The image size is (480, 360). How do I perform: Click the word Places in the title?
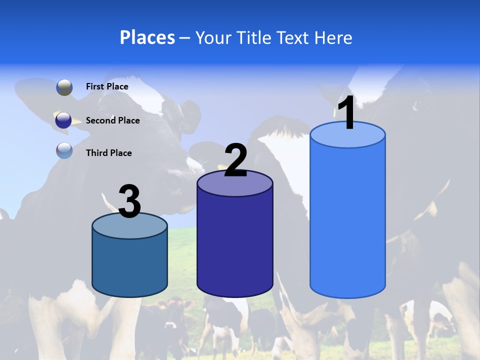(147, 38)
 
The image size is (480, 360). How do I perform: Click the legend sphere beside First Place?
(64, 87)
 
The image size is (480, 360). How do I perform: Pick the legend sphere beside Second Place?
(64, 120)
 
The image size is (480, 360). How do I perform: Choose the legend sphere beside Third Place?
(64, 150)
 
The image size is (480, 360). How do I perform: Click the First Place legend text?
(107, 86)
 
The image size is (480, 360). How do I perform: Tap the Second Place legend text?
(112, 120)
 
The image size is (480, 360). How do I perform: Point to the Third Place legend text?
(108, 153)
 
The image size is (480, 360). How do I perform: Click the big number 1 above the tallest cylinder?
(347, 113)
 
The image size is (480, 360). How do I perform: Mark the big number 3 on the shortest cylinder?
(130, 201)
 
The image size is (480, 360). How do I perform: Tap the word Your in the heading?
(212, 38)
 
